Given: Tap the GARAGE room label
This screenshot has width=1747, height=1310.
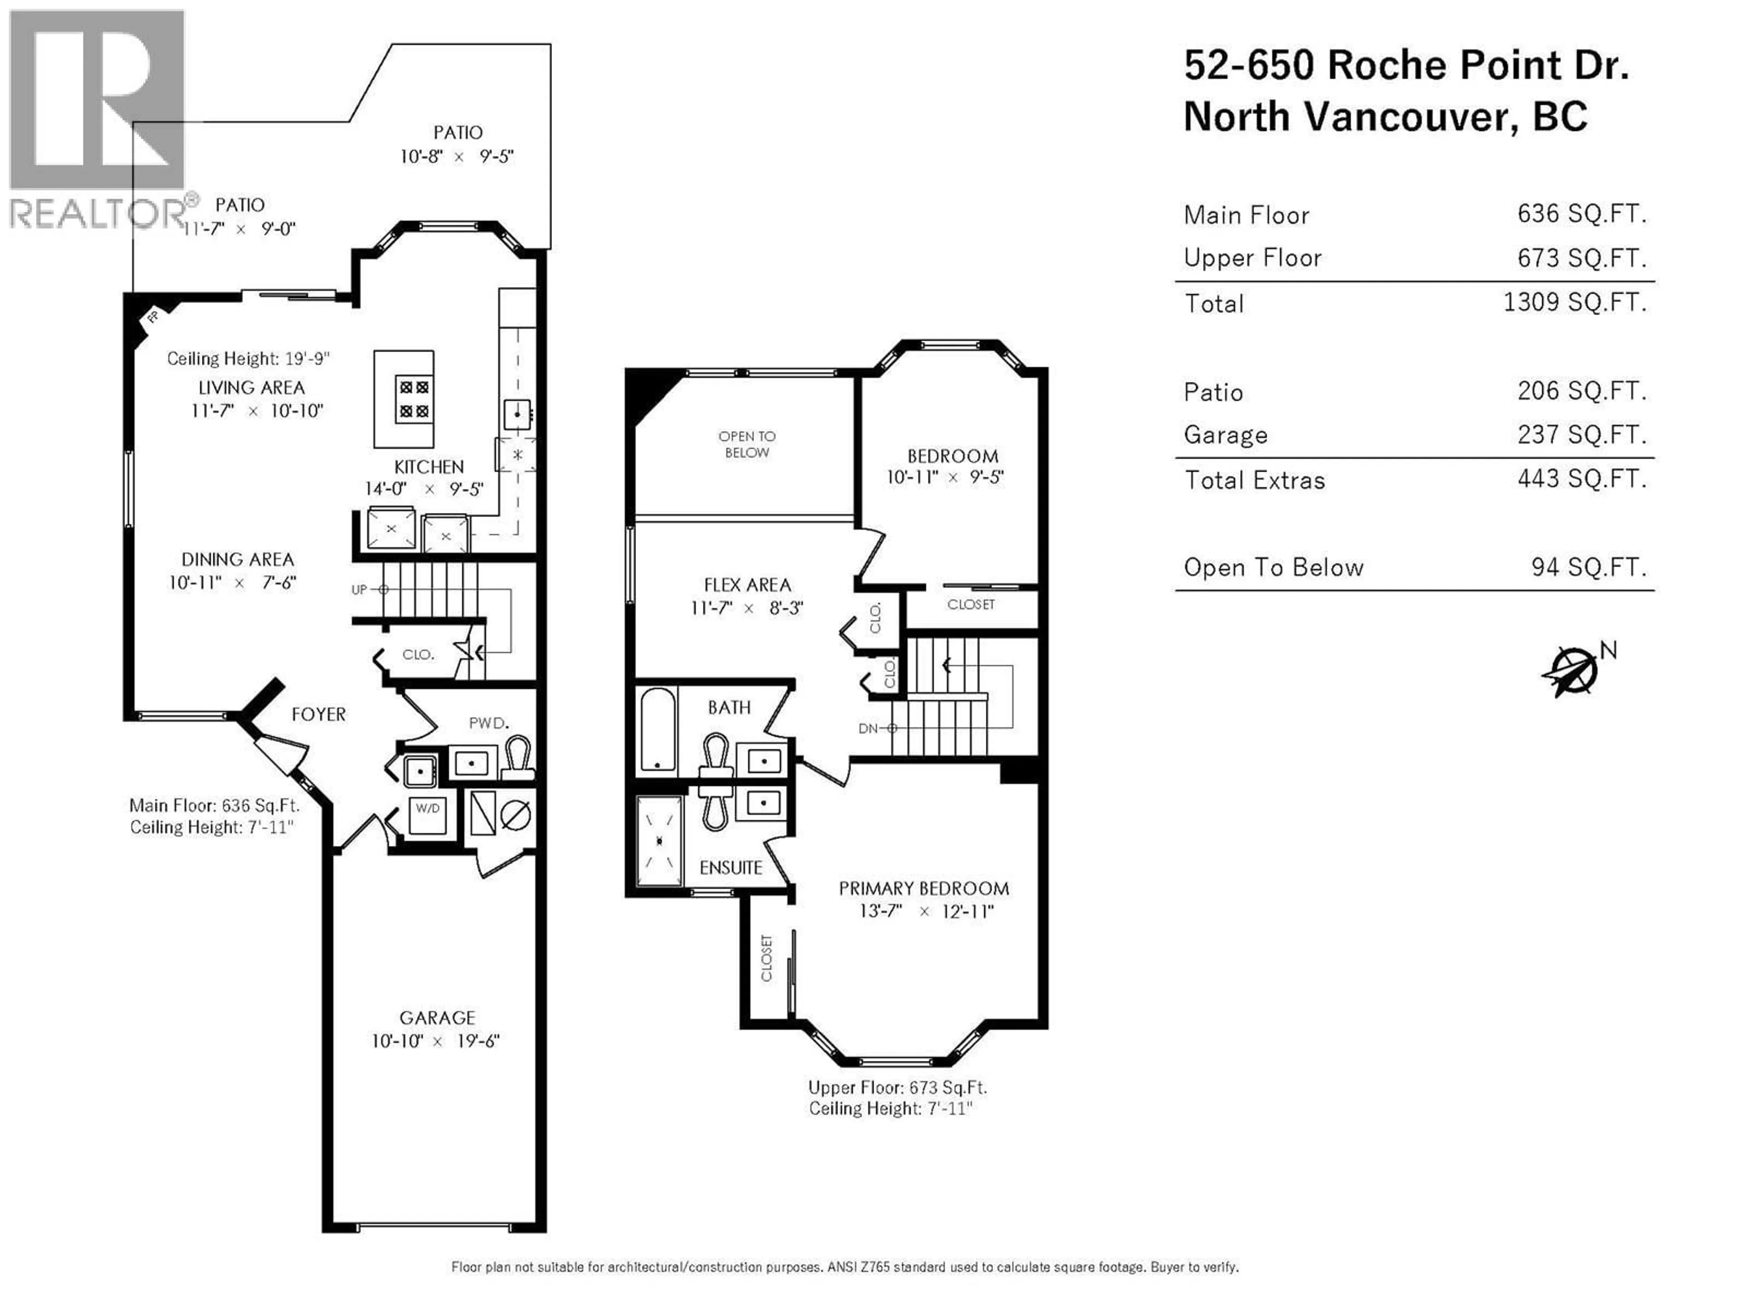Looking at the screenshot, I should coord(437,1018).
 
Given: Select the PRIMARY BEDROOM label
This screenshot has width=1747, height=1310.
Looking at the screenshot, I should coord(923,888).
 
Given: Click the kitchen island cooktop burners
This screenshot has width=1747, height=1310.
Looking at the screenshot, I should coord(414,399).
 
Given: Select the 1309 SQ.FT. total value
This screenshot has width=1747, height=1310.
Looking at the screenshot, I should coord(1574,302).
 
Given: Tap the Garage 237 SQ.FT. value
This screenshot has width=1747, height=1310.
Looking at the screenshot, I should coord(1581,434).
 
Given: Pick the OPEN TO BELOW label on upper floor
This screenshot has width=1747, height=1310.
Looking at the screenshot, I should coord(747,444).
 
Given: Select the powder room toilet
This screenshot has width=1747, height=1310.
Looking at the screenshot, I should coord(518,756).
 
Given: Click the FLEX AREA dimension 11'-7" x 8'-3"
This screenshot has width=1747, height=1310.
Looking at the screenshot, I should coord(747,608).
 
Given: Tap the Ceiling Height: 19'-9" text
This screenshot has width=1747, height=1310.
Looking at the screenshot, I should coord(247,358).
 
